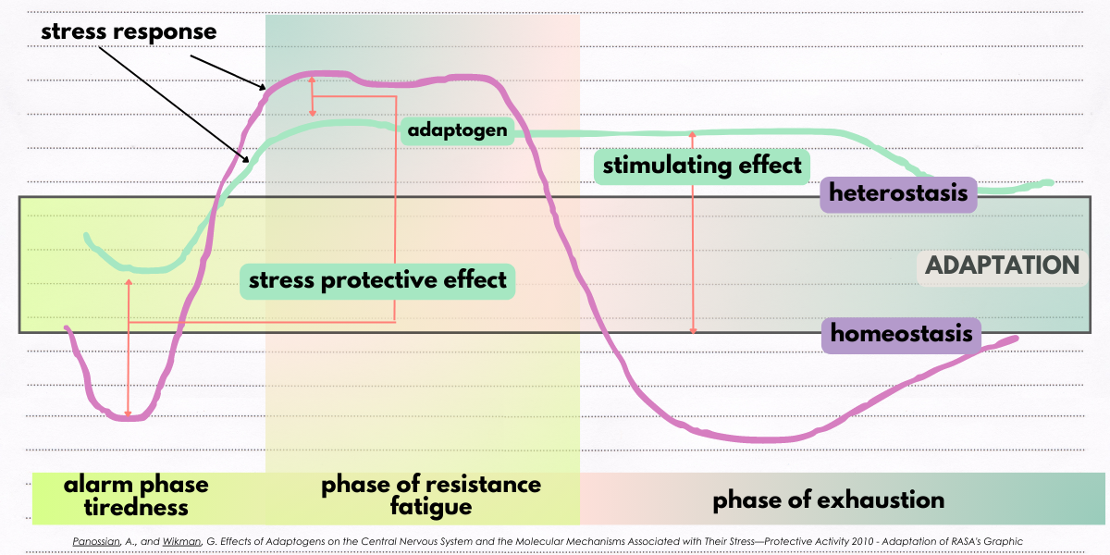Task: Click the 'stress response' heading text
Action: pyautogui.click(x=129, y=31)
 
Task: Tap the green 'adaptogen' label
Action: pyautogui.click(x=458, y=130)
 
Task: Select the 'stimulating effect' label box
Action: pyautogui.click(x=702, y=166)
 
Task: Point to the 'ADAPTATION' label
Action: pyautogui.click(x=1002, y=265)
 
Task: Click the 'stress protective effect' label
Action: pyautogui.click(x=377, y=279)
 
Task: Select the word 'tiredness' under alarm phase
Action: pyautogui.click(x=136, y=507)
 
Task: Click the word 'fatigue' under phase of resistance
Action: pyautogui.click(x=431, y=507)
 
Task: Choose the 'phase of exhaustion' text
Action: pyautogui.click(x=828, y=500)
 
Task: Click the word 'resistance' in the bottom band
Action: pyautogui.click(x=482, y=485)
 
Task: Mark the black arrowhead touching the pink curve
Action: pyautogui.click(x=264, y=87)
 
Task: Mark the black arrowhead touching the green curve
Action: pyautogui.click(x=247, y=160)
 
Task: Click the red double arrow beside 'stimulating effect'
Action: pyautogui.click(x=693, y=231)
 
